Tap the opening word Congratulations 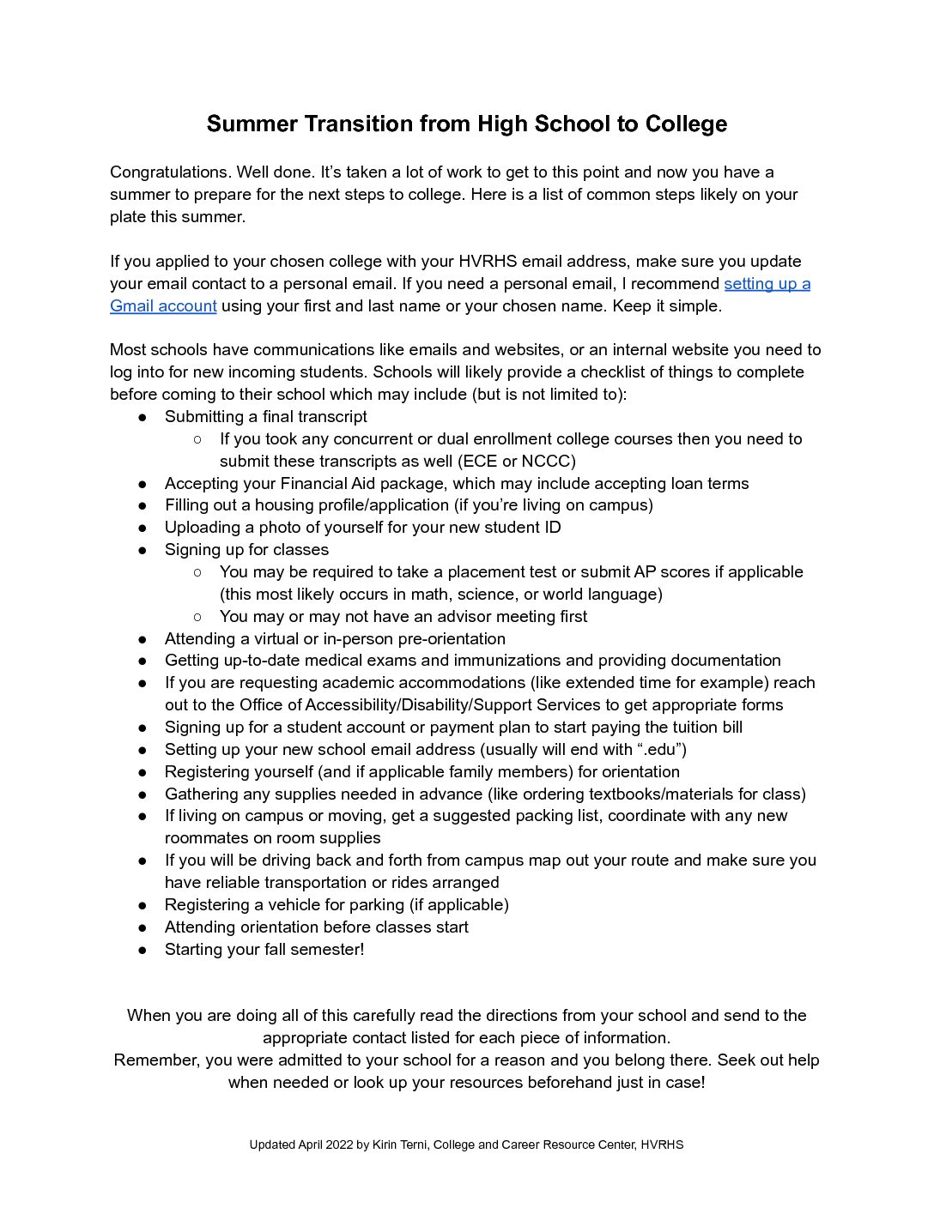[170, 172]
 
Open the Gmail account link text [163, 306]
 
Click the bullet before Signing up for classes [143, 550]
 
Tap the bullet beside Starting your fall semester [143, 950]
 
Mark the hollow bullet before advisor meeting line [197, 617]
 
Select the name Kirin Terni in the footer [400, 1145]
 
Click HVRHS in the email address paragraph [487, 262]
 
